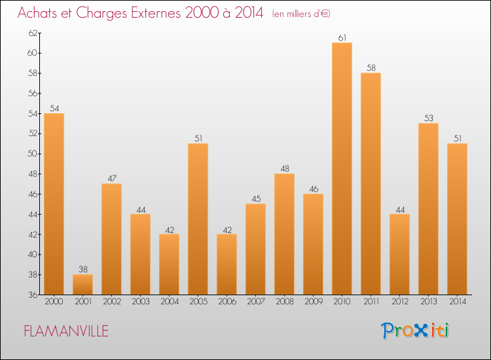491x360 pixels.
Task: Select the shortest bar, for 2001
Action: click(82, 284)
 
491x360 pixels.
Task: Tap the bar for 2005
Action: click(198, 219)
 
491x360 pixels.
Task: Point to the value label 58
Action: click(371, 68)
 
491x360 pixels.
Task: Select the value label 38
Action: click(82, 270)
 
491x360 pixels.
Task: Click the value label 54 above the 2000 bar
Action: click(54, 109)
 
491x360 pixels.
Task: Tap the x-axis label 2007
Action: click(255, 302)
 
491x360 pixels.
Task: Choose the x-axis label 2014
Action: click(457, 302)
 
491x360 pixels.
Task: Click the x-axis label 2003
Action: click(140, 302)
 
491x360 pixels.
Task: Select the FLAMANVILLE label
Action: click(66, 331)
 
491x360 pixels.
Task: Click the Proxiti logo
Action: click(416, 331)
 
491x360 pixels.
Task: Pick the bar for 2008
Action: click(284, 234)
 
